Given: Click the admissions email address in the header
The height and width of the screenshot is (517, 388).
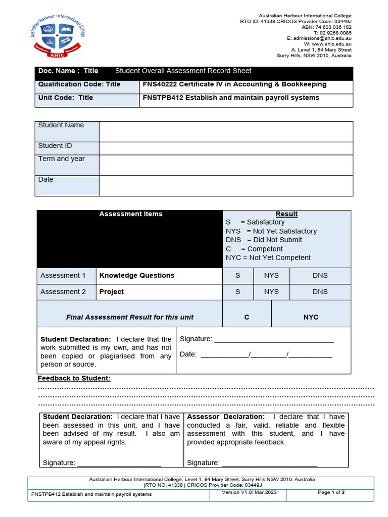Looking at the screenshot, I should tap(319, 38).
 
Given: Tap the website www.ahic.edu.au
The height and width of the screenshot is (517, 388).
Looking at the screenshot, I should tap(331, 44).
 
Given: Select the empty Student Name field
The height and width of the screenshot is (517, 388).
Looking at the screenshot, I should tap(226, 131).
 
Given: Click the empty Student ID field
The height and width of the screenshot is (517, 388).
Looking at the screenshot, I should tap(226, 148).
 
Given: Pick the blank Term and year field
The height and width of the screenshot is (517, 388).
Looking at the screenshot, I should tap(226, 165).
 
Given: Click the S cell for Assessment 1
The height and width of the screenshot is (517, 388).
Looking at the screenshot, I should tap(238, 276).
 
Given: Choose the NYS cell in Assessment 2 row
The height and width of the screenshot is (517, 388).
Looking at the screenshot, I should tap(271, 292).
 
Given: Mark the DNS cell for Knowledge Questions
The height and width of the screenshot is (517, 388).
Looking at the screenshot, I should tap(320, 276).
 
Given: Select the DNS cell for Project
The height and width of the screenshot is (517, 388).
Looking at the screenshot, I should tap(320, 292).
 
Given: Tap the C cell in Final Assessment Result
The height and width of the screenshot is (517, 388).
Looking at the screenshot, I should tap(247, 317).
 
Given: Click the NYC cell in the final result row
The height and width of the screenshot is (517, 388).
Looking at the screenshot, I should tap(311, 317).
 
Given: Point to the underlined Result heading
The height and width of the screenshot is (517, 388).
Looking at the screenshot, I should tap(286, 214).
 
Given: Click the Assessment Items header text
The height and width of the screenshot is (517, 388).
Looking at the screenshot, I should tap(131, 214).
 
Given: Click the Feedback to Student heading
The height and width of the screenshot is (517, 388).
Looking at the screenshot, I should tap(74, 379).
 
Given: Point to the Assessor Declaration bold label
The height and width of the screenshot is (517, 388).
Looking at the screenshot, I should tap(225, 417).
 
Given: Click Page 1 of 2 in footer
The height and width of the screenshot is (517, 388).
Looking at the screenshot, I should tap(331, 492).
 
